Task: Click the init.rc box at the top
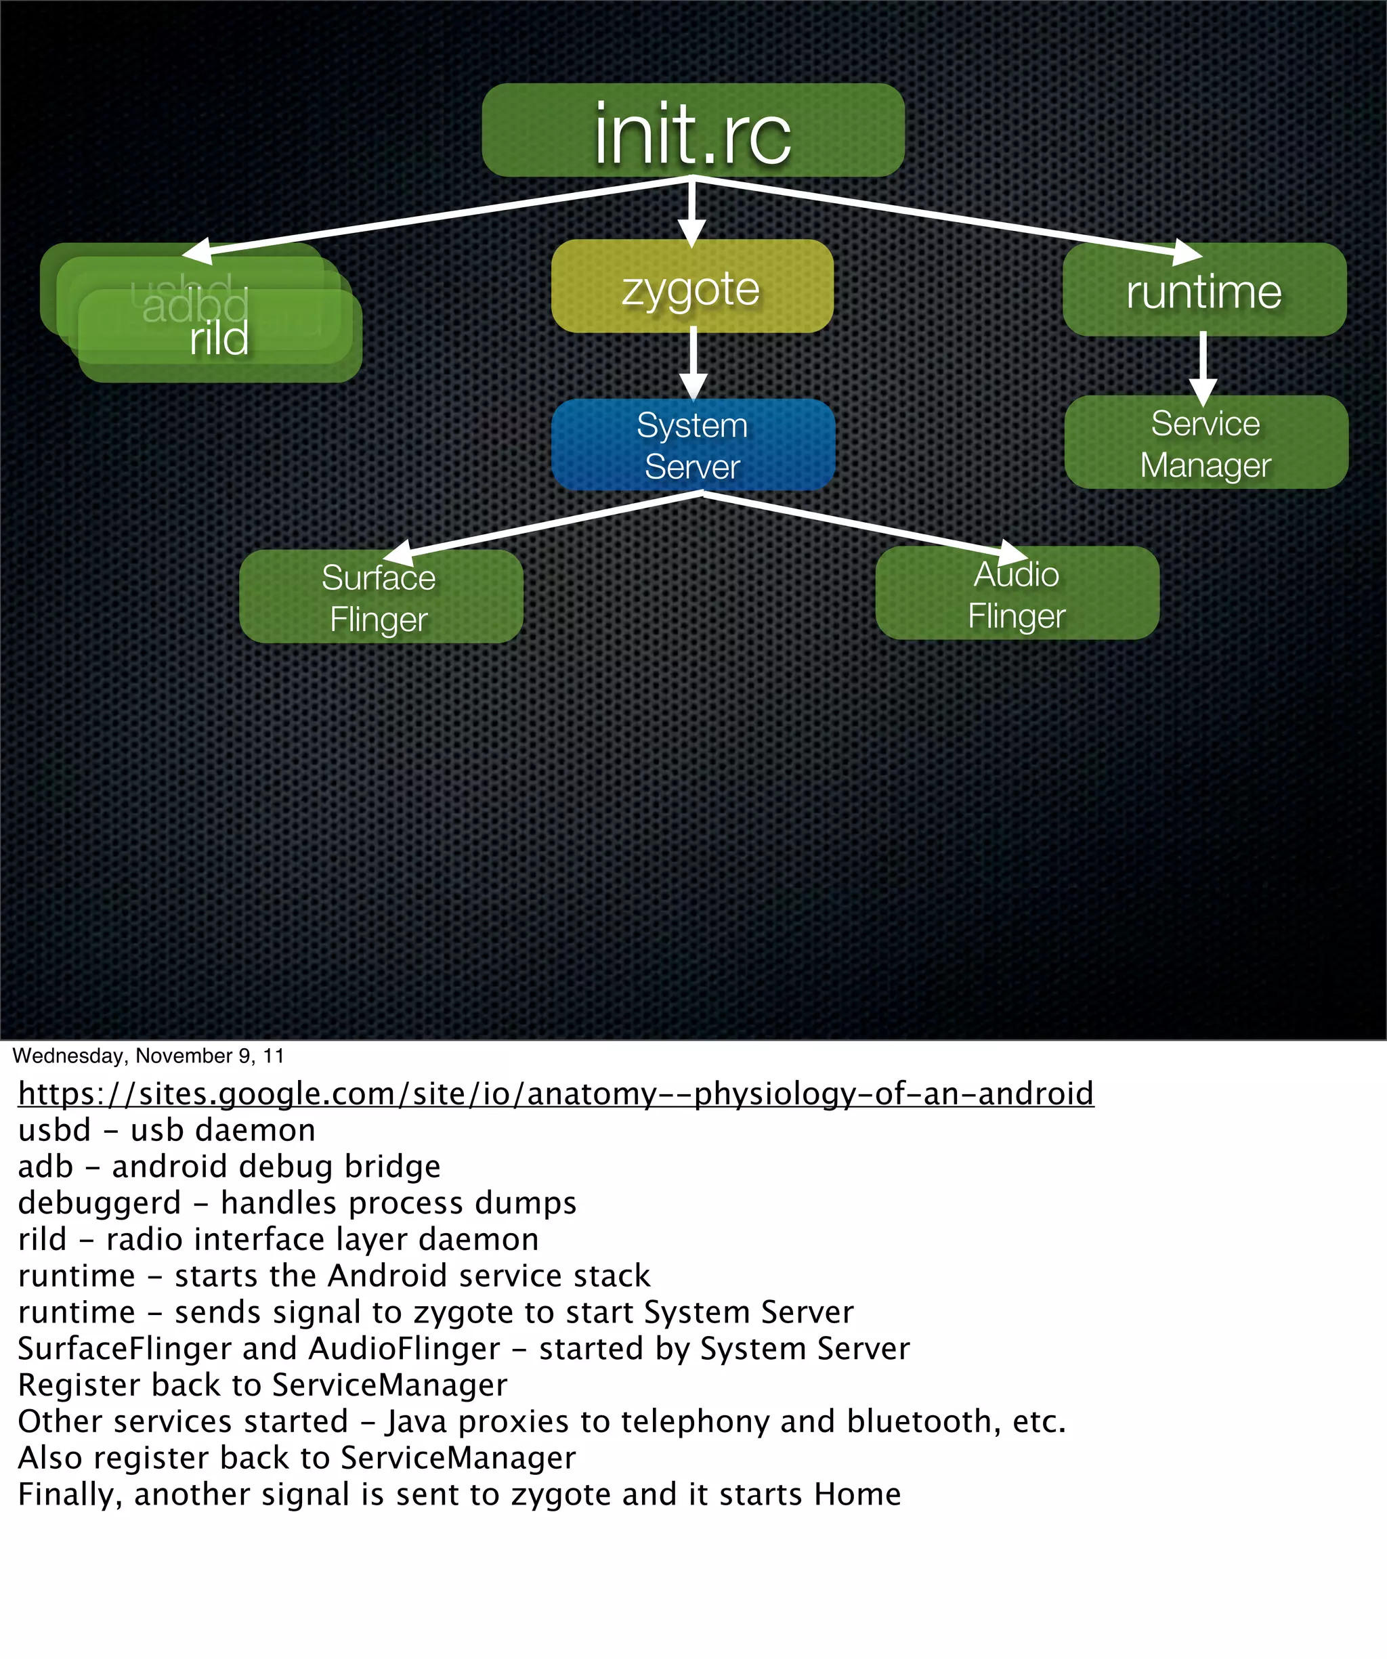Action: pos(692,130)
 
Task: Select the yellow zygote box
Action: pos(691,286)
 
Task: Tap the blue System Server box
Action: pos(692,445)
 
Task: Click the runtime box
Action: pos(1203,290)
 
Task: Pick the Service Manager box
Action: pos(1205,442)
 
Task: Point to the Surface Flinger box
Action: pos(380,597)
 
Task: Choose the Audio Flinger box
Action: pos(1017,594)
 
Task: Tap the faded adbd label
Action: pos(195,306)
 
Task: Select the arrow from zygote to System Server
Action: pos(693,364)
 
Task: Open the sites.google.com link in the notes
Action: pos(555,1094)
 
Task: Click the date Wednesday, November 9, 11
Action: pos(148,1056)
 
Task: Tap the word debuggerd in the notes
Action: pos(100,1203)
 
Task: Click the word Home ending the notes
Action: pos(857,1494)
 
